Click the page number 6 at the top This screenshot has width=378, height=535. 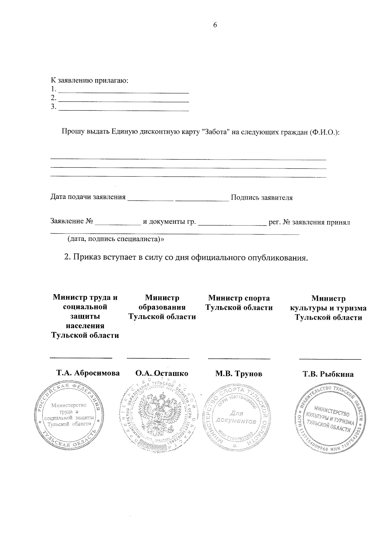click(x=215, y=26)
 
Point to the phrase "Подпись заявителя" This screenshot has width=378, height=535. click(x=261, y=198)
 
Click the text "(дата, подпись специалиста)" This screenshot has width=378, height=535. click(x=116, y=239)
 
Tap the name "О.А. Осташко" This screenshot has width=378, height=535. click(x=162, y=373)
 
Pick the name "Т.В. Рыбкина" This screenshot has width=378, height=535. click(x=328, y=374)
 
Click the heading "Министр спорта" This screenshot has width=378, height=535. click(x=239, y=298)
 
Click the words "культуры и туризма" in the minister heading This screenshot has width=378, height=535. click(x=328, y=308)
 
